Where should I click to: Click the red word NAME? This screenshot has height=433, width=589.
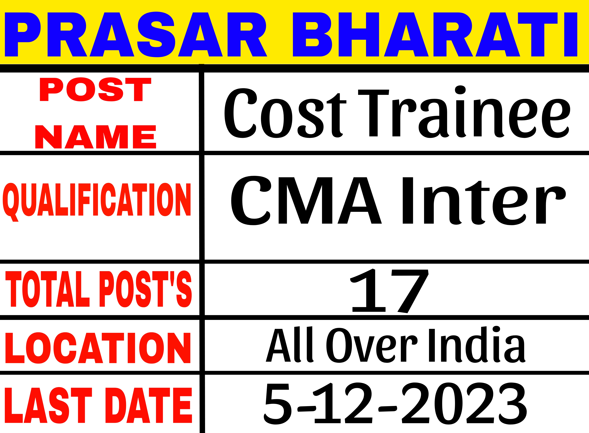click(96, 137)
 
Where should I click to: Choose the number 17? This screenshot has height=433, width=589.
click(389, 291)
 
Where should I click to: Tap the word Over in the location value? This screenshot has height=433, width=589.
click(372, 346)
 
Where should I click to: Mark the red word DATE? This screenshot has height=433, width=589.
click(149, 405)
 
